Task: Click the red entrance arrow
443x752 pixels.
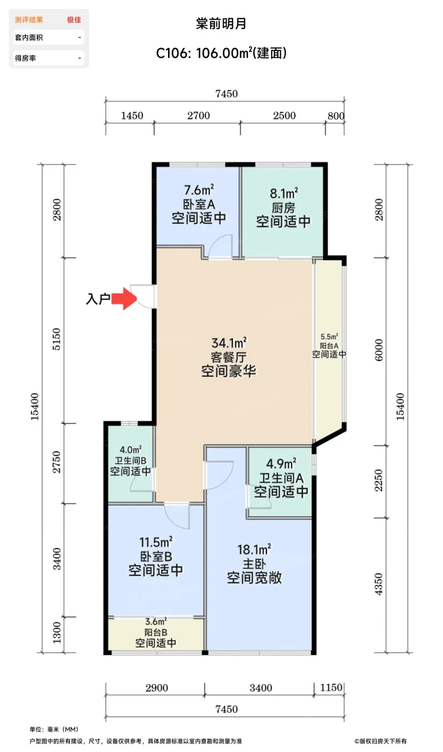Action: pyautogui.click(x=124, y=298)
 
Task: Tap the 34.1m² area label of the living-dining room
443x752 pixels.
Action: pyautogui.click(x=229, y=343)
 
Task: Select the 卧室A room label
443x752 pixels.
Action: pyautogui.click(x=199, y=205)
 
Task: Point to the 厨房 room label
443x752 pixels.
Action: pyautogui.click(x=284, y=208)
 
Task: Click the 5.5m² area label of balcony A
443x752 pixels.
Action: pyautogui.click(x=329, y=336)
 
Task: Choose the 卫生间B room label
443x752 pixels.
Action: pyautogui.click(x=130, y=461)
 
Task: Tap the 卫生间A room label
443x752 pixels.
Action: pyautogui.click(x=281, y=478)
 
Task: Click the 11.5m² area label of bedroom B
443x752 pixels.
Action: pyautogui.click(x=156, y=542)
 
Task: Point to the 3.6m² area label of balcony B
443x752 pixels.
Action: pyautogui.click(x=156, y=621)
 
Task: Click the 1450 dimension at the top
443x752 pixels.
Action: pyautogui.click(x=132, y=116)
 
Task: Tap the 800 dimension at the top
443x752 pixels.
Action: pyautogui.click(x=336, y=116)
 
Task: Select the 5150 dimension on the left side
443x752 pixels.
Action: pyautogui.click(x=57, y=339)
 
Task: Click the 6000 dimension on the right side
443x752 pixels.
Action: pyautogui.click(x=379, y=350)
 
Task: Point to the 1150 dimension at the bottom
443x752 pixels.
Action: pyautogui.click(x=331, y=687)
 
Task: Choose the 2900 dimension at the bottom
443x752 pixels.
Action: pyautogui.click(x=157, y=688)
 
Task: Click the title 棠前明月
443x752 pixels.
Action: pyautogui.click(x=221, y=24)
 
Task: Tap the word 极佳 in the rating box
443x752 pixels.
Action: pyautogui.click(x=74, y=20)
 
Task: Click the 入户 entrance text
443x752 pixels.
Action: pyautogui.click(x=98, y=299)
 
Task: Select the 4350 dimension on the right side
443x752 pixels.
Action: pyautogui.click(x=379, y=584)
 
